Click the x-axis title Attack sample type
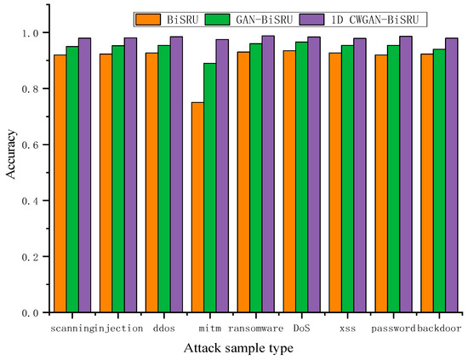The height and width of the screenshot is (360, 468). pyautogui.click(x=254, y=347)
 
